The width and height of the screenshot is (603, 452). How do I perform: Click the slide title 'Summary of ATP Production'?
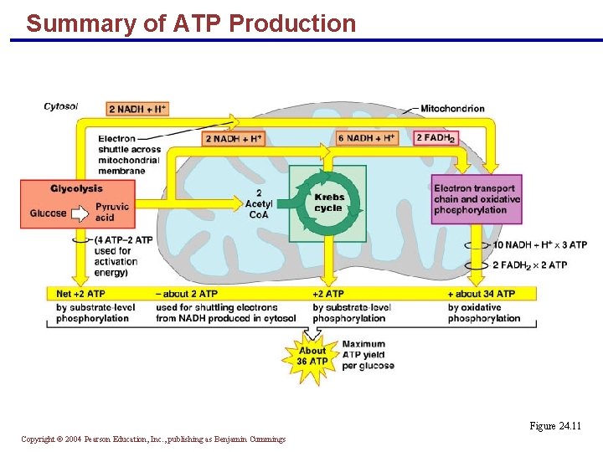tap(191, 23)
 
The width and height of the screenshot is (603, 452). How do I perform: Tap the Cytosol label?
tap(60, 106)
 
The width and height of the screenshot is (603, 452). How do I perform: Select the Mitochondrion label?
tap(452, 108)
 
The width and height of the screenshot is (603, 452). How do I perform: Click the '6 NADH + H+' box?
tap(367, 138)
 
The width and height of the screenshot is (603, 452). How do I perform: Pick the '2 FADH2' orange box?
tap(436, 138)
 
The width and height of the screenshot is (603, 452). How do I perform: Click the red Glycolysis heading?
tap(76, 188)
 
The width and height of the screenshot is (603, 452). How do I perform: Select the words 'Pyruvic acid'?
tap(111, 213)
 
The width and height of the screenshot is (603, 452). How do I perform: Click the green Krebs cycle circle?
tap(327, 203)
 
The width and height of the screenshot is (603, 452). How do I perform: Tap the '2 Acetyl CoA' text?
tap(258, 203)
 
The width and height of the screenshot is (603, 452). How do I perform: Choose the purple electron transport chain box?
tap(477, 199)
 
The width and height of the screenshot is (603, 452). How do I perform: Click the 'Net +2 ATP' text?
tap(80, 294)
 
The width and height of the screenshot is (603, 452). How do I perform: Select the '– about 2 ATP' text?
tap(186, 294)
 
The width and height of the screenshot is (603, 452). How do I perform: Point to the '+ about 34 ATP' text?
tap(482, 294)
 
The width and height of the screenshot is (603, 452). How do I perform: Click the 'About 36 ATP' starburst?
tap(312, 357)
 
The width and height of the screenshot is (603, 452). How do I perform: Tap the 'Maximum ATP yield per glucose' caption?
tap(368, 355)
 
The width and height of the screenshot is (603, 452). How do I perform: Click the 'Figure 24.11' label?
tap(554, 426)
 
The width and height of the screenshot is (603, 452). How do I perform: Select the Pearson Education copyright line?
tap(153, 439)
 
